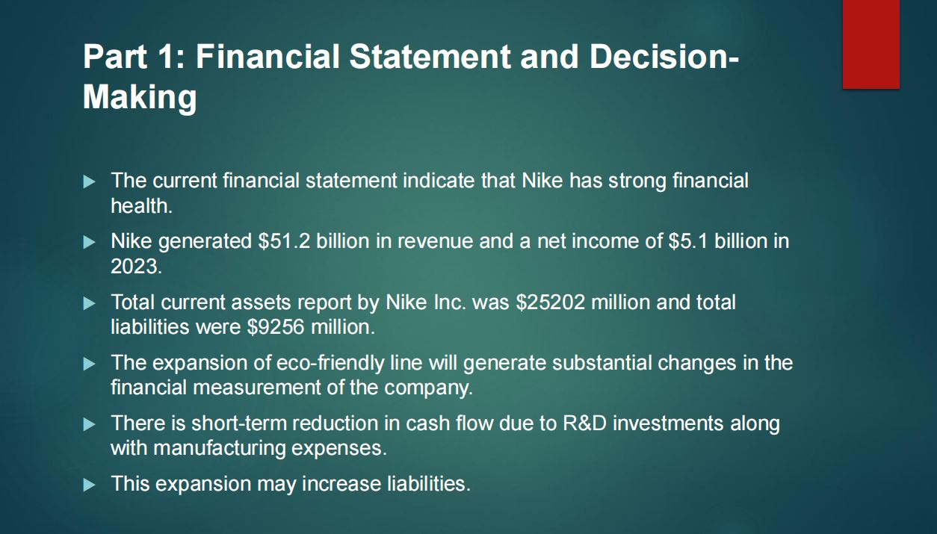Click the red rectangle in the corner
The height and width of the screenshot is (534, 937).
(871, 44)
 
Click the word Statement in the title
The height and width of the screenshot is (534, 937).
(430, 57)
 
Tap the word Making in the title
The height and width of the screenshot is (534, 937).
(140, 97)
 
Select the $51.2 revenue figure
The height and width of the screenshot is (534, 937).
(285, 241)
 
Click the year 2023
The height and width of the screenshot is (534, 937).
(136, 266)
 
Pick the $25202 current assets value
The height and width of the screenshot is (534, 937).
(551, 302)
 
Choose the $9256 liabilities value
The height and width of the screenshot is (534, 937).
(276, 326)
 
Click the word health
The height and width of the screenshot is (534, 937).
(142, 205)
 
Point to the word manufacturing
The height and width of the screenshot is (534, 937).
(219, 448)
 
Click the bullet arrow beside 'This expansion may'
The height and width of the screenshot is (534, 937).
(89, 485)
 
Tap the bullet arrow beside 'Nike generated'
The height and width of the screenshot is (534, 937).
(89, 242)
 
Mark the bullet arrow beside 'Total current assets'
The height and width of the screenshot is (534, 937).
(89, 303)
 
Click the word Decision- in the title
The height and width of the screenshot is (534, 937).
(664, 57)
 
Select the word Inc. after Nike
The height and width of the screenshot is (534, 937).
(450, 302)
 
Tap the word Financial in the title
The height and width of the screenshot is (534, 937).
(268, 57)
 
